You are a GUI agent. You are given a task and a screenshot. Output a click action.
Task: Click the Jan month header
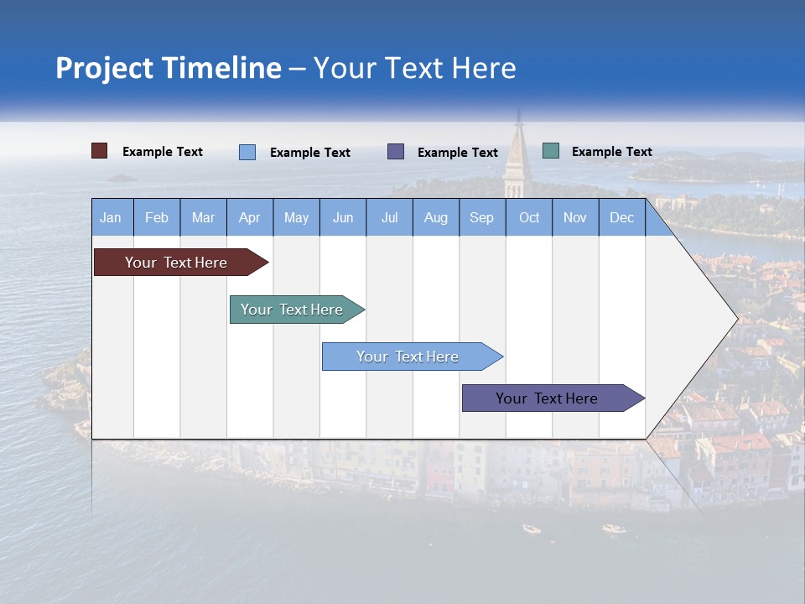pyautogui.click(x=111, y=217)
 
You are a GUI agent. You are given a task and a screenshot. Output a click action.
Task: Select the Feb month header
pyautogui.click(x=157, y=217)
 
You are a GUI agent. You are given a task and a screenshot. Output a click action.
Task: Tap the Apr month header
pyautogui.click(x=249, y=217)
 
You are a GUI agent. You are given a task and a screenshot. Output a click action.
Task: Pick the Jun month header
pyautogui.click(x=343, y=217)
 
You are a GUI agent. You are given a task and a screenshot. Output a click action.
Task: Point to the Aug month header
pyautogui.click(x=435, y=217)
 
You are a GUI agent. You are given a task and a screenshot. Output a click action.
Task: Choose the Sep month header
pyautogui.click(x=481, y=217)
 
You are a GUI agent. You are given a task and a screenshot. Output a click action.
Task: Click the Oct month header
pyautogui.click(x=529, y=217)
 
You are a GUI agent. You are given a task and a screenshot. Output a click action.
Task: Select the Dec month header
pyautogui.click(x=621, y=217)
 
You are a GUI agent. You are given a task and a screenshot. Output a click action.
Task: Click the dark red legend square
pyautogui.click(x=100, y=151)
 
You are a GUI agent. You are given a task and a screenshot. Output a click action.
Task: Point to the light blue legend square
pyautogui.click(x=247, y=152)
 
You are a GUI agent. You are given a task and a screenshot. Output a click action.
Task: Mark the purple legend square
pyautogui.click(x=396, y=152)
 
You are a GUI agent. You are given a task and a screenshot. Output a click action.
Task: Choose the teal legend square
pyautogui.click(x=551, y=151)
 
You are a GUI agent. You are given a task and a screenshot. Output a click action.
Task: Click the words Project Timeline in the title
pyautogui.click(x=169, y=68)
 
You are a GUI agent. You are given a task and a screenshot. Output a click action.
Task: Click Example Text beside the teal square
pyautogui.click(x=611, y=152)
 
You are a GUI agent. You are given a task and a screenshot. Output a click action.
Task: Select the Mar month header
pyautogui.click(x=203, y=217)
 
